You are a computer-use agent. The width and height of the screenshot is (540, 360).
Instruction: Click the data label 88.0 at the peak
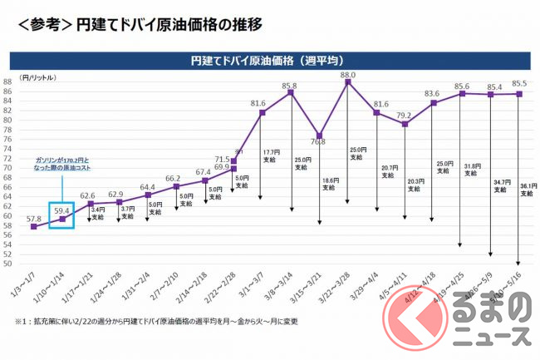pyautogui.click(x=347, y=75)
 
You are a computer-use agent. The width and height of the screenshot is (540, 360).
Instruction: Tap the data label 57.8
pyautogui.click(x=33, y=219)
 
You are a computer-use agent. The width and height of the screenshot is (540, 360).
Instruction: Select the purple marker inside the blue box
pyautogui.click(x=62, y=219)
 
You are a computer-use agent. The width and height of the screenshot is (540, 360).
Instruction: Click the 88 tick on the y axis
pyautogui.click(x=7, y=81)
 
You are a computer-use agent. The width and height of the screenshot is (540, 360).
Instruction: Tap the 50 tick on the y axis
pyautogui.click(x=7, y=264)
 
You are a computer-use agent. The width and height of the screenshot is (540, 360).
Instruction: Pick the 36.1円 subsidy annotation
pyautogui.click(x=527, y=189)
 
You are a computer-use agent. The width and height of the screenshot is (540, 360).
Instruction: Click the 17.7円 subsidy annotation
pyautogui.click(x=272, y=155)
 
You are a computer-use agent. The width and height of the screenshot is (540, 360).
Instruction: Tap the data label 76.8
pyautogui.click(x=319, y=141)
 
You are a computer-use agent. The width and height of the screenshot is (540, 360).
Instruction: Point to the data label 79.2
pyautogui.click(x=405, y=116)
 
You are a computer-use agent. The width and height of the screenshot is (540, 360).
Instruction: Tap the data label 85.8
pyautogui.click(x=289, y=86)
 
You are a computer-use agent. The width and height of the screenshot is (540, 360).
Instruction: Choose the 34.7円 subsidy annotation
pyautogui.click(x=502, y=185)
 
